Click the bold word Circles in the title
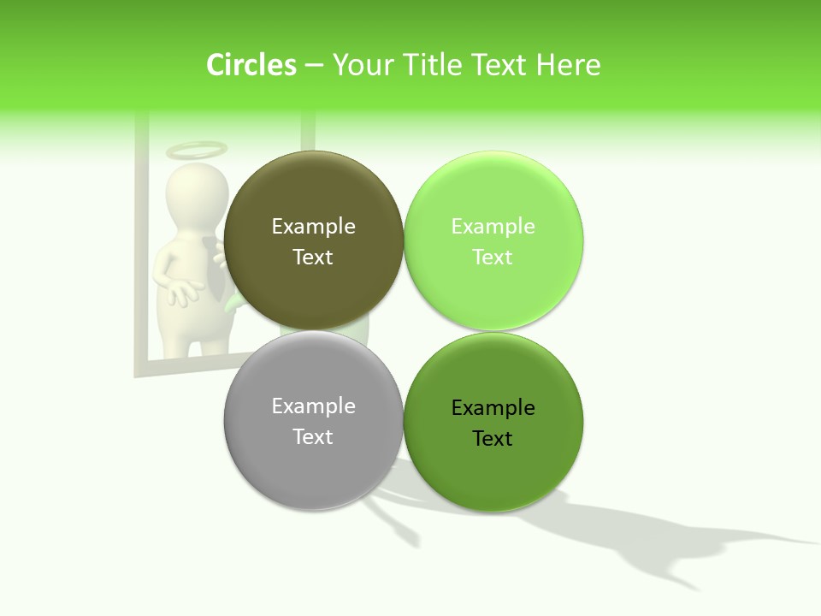click(x=251, y=65)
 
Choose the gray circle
click(x=314, y=471)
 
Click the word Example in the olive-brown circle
click(x=314, y=227)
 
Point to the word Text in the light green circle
click(x=493, y=258)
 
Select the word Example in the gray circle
click(x=314, y=406)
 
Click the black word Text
click(x=493, y=439)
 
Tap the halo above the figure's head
click(x=197, y=151)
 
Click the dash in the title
click(x=314, y=65)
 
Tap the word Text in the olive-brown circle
click(x=313, y=258)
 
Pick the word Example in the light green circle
click(x=493, y=227)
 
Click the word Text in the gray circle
click(x=313, y=437)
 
